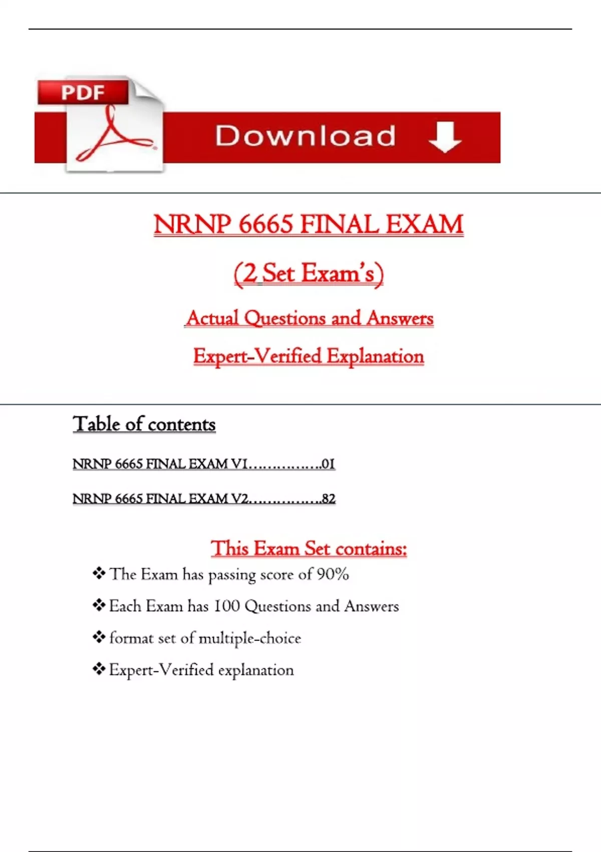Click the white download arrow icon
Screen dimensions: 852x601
coord(445,137)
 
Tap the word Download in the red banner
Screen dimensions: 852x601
coord(306,136)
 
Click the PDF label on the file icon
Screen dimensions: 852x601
coord(83,93)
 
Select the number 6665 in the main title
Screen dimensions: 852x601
coord(265,224)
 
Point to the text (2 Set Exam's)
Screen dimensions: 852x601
coord(309,274)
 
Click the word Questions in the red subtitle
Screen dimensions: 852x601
coord(285,318)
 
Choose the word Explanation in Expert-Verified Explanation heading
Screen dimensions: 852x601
coord(375,356)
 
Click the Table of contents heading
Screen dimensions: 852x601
coord(144,424)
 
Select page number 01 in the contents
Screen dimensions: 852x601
coord(328,464)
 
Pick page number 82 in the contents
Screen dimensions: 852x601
coord(329,499)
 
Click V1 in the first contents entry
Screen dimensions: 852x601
coord(239,464)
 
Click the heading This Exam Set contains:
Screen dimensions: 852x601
coord(309,548)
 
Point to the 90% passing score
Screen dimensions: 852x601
coord(333,574)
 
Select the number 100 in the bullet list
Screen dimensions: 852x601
coord(227,606)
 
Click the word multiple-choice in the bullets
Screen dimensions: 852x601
coord(250,638)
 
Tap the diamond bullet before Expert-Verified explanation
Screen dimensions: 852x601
coord(99,669)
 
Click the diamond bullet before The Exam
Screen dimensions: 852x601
coord(99,573)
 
